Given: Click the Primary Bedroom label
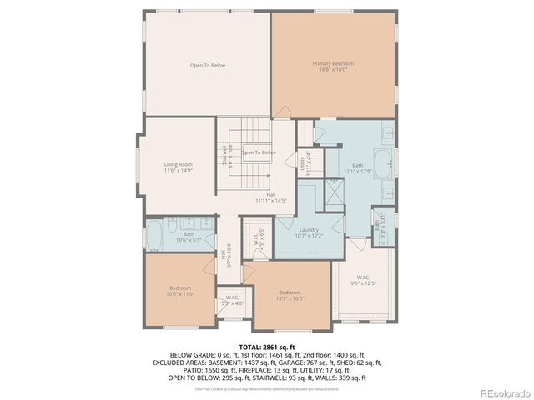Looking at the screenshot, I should (333, 67).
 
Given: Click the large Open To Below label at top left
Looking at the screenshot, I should (207, 65).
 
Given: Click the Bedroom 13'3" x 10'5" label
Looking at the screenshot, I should (290, 295).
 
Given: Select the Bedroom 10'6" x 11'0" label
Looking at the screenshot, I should (180, 291).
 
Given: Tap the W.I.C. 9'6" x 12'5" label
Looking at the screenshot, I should (363, 280).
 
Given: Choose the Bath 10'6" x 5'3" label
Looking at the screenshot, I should (189, 237).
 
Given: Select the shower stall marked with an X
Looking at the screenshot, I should (335, 192).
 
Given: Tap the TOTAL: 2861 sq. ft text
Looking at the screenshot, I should (267, 346).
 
